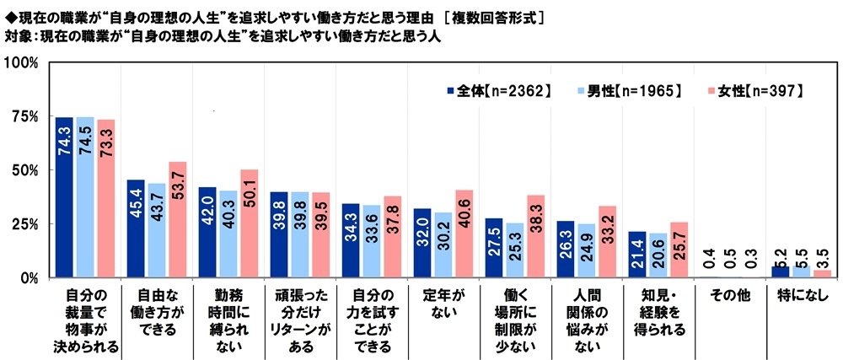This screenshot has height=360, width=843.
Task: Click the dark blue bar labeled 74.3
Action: [64, 197]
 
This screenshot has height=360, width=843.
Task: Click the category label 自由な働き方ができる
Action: [158, 312]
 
